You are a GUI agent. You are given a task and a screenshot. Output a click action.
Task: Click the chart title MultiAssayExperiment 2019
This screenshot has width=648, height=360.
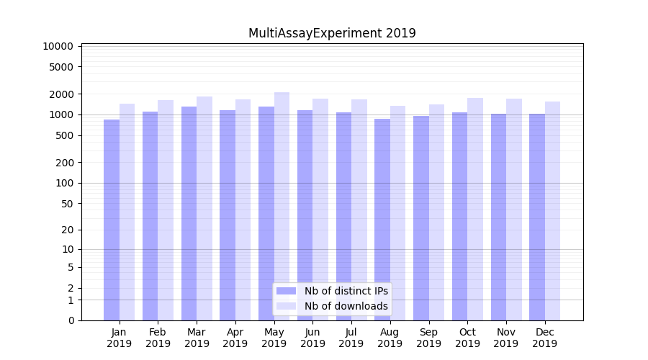point(332,33)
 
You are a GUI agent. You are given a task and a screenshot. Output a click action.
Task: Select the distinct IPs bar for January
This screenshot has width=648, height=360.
point(112,220)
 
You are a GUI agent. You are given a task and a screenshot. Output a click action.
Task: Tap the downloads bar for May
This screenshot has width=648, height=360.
point(282,206)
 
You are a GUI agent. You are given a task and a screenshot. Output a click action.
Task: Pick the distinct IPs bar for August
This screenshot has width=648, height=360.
point(382,220)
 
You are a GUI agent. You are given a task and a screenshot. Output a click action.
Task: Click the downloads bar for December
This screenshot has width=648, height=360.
point(552,211)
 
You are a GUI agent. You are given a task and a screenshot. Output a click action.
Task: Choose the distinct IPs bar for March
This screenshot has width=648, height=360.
point(189,213)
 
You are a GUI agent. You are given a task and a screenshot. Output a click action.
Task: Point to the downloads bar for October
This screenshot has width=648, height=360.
point(475,209)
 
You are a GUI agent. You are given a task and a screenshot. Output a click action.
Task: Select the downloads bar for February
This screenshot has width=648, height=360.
point(166,210)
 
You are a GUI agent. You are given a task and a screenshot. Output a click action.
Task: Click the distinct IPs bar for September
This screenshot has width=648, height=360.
point(421,218)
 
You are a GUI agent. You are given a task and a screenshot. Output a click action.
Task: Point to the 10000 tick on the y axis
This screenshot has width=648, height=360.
point(58,46)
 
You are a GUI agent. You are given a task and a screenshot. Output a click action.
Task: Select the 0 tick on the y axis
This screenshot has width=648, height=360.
point(71,320)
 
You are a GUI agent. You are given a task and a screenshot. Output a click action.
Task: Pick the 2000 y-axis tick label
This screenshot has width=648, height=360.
point(61,94)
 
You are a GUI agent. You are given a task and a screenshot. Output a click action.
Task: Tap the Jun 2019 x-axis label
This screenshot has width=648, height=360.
point(312,338)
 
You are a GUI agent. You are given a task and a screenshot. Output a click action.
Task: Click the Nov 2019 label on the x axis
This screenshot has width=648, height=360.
point(506,338)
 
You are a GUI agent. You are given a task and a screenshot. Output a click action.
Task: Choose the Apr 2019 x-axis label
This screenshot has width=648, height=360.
point(235,338)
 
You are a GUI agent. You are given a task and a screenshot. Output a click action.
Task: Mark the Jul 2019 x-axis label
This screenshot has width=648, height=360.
point(351,338)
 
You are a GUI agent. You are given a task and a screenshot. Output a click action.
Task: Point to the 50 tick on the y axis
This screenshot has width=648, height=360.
point(67,204)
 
